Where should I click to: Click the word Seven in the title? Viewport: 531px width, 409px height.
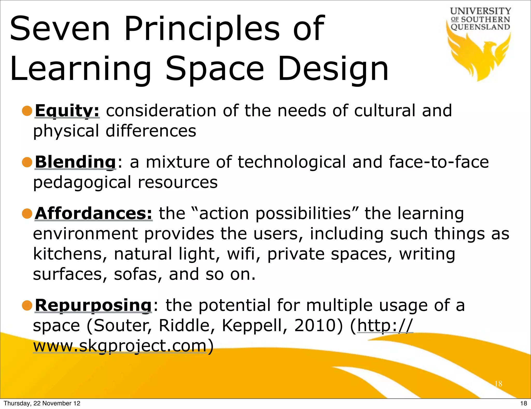pyautogui.click(x=60, y=29)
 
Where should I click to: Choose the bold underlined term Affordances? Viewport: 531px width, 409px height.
pyautogui.click(x=93, y=214)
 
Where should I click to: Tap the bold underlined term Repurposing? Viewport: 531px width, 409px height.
pyautogui.click(x=93, y=305)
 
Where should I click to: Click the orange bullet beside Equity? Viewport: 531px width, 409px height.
pyautogui.click(x=27, y=111)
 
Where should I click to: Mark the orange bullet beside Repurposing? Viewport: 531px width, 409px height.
pyautogui.click(x=27, y=305)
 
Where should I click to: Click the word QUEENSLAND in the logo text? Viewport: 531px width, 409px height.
pyautogui.click(x=480, y=27)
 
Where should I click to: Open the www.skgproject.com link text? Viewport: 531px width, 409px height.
pyautogui.click(x=120, y=346)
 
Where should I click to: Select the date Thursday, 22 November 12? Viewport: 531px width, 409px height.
pyautogui.click(x=42, y=403)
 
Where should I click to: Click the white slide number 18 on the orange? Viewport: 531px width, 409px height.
pyautogui.click(x=498, y=384)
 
